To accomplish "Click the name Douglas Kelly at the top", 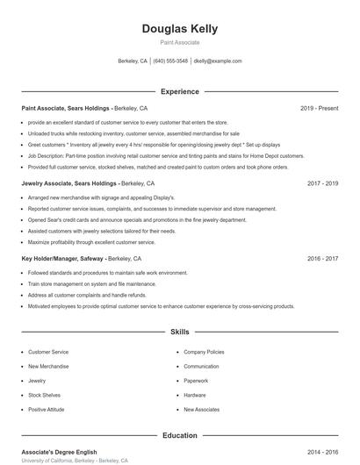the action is pos(179,29).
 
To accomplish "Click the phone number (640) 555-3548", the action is pos(170,61).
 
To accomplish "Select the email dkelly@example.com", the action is pos(217,61).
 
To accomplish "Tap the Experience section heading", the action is pos(179,91).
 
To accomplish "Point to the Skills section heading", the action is pos(179,333).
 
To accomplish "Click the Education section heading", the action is pos(179,435).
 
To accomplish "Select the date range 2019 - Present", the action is pos(319,108).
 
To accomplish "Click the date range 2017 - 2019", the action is pos(322,183).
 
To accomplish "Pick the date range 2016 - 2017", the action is pos(322,259).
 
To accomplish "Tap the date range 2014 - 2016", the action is pos(322,451).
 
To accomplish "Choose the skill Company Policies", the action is pos(205,351).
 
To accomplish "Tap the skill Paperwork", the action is pos(196,381).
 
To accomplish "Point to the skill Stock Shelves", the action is pos(45,396).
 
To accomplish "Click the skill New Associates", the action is pos(201,410).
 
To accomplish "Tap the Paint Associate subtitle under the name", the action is pos(179,42).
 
